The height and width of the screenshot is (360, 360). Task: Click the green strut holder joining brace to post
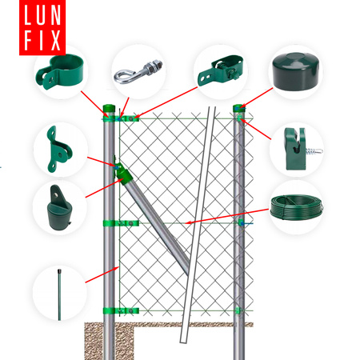click(x=122, y=173)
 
